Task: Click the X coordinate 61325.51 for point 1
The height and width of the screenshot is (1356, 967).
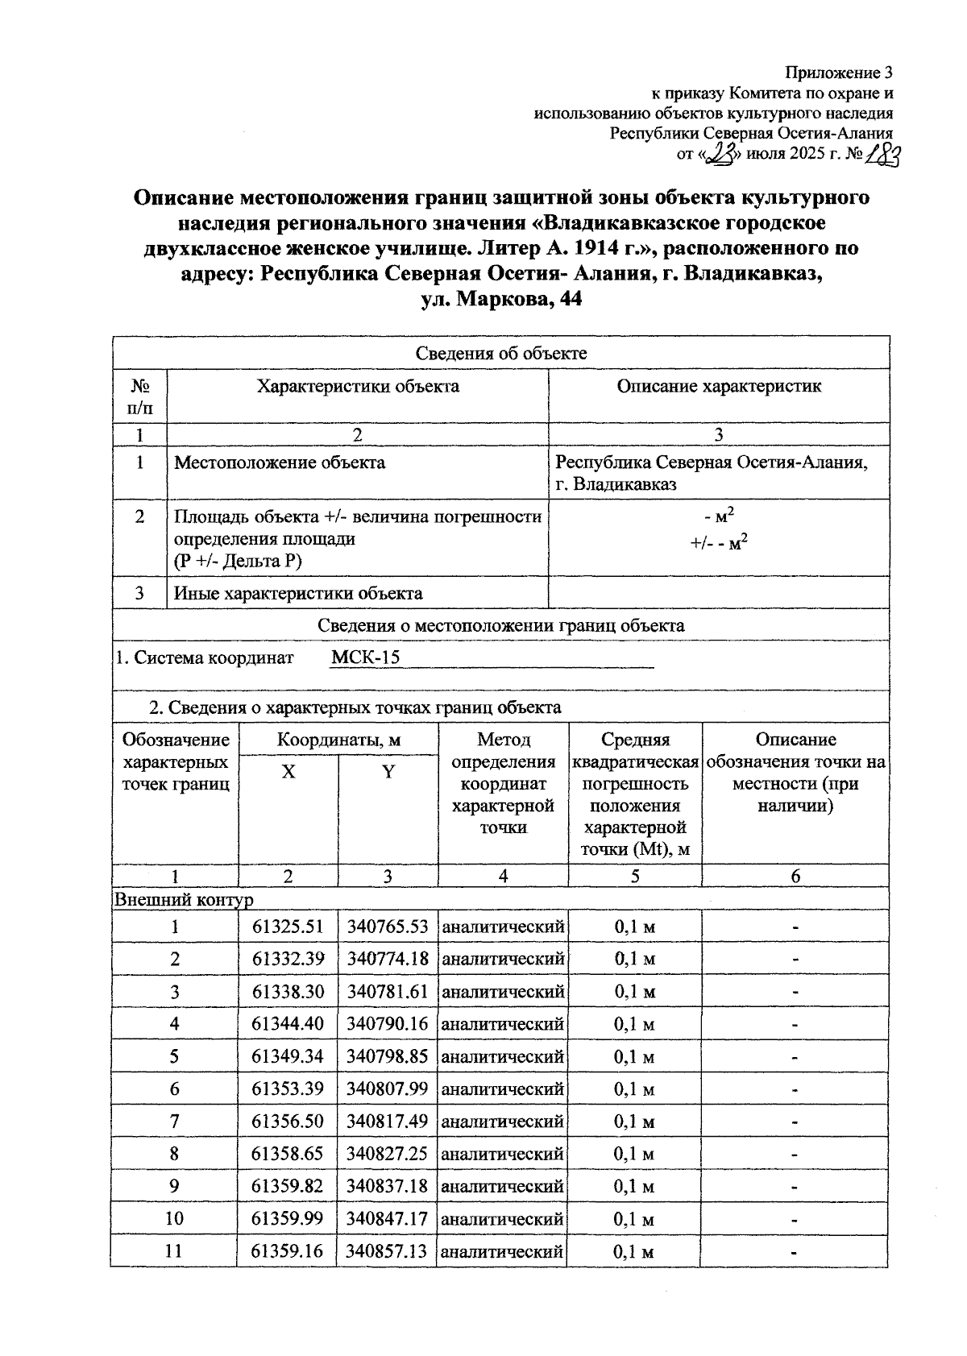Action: (x=287, y=927)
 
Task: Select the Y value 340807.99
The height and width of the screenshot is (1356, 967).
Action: (x=387, y=1089)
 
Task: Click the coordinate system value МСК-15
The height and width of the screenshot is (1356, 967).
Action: (x=365, y=657)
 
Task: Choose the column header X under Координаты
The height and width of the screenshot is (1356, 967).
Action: (x=288, y=772)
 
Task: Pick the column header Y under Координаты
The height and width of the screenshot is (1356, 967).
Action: (x=388, y=772)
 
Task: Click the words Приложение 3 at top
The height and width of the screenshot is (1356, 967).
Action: (x=840, y=73)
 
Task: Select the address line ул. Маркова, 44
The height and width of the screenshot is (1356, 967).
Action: (x=500, y=299)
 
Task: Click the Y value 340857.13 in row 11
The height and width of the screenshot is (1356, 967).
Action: (x=387, y=1251)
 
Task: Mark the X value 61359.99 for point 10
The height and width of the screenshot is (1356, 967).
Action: (x=287, y=1218)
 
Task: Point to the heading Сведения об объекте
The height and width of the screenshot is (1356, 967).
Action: (x=500, y=353)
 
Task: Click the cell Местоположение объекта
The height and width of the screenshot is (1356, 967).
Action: (x=280, y=462)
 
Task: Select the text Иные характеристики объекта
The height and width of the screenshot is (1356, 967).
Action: (x=298, y=594)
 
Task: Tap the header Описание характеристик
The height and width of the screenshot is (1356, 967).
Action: (x=719, y=386)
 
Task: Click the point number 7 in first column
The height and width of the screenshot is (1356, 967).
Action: (x=174, y=1122)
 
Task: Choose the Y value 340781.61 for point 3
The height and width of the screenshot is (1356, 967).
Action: (x=387, y=992)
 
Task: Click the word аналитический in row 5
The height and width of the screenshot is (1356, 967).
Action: (x=503, y=1056)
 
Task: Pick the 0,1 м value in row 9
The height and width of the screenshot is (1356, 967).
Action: (x=634, y=1186)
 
